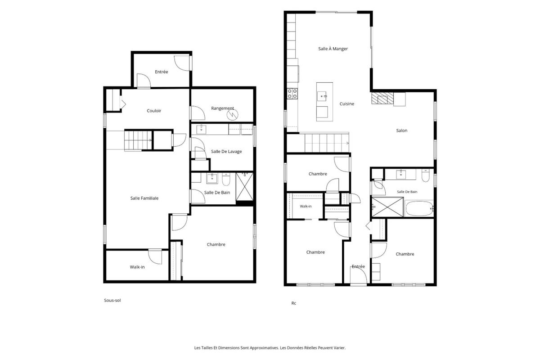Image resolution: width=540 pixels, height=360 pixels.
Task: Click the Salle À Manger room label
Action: (333, 49)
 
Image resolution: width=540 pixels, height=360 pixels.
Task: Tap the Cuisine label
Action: (347, 104)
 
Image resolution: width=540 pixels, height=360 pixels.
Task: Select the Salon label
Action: (401, 130)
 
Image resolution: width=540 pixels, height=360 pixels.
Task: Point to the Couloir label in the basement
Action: (154, 111)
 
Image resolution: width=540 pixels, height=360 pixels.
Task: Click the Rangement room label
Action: (222, 108)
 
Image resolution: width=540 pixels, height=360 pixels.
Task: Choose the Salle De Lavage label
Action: (226, 152)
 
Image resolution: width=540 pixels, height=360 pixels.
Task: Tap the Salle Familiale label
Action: (144, 198)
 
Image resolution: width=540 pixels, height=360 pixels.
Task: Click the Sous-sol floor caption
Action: (112, 300)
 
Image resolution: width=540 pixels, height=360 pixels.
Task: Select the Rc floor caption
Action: (293, 303)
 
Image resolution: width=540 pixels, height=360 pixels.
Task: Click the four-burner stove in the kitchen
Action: (292, 93)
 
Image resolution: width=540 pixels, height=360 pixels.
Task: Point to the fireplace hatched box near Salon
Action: (382, 98)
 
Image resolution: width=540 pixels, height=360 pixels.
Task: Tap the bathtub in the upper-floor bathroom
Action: (419, 208)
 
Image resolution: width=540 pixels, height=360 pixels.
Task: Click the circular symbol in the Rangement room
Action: (233, 115)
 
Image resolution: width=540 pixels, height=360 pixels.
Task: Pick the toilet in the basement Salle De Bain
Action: (226, 180)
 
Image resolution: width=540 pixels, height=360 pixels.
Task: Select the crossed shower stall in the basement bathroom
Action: (244, 187)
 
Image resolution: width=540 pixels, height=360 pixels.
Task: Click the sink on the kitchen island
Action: (322, 96)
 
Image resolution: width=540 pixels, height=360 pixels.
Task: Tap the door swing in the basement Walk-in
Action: (155, 256)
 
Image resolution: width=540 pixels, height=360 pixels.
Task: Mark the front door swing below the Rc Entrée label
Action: (359, 275)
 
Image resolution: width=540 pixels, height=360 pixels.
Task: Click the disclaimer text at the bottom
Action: (270, 348)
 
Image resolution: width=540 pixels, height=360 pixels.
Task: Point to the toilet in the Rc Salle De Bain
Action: (426, 175)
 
